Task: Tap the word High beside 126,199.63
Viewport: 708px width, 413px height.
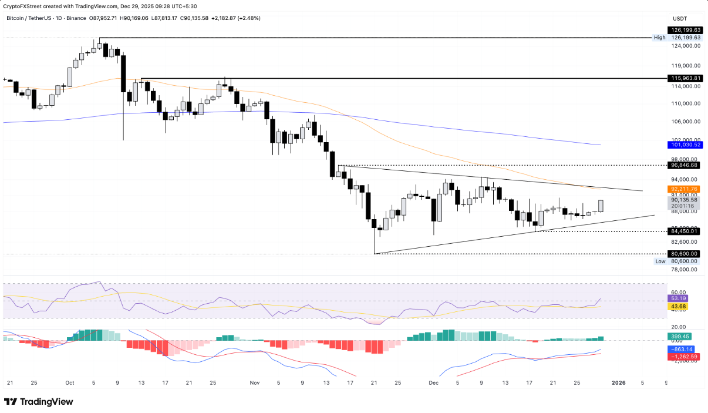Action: click(x=659, y=38)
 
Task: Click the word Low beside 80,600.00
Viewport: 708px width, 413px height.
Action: click(x=660, y=261)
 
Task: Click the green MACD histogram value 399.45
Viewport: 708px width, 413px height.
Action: click(x=679, y=336)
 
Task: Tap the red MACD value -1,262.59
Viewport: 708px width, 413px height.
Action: click(x=682, y=357)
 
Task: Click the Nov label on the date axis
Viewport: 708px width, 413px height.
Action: click(x=254, y=382)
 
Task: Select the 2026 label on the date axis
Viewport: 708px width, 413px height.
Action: click(x=618, y=382)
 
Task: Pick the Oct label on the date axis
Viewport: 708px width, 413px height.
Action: click(x=70, y=382)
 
